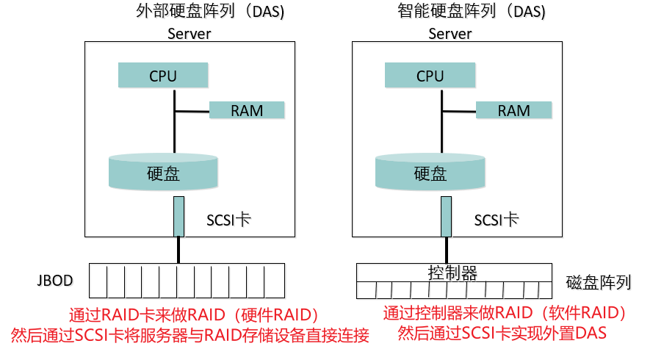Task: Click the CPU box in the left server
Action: point(162,76)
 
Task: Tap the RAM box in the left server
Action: point(246,110)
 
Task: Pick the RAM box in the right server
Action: point(513,110)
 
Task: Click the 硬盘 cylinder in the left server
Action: point(163,173)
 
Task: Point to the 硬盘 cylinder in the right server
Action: point(430,173)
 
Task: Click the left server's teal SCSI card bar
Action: point(178,216)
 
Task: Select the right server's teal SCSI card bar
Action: point(446,216)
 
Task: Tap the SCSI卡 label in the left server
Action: point(230,220)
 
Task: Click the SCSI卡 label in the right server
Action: point(497,220)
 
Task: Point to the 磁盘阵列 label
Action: point(599,282)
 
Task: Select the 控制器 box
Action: point(452,273)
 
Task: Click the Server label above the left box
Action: point(190,34)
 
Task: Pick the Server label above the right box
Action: point(450,34)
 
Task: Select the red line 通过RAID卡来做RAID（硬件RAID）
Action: point(194,315)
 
